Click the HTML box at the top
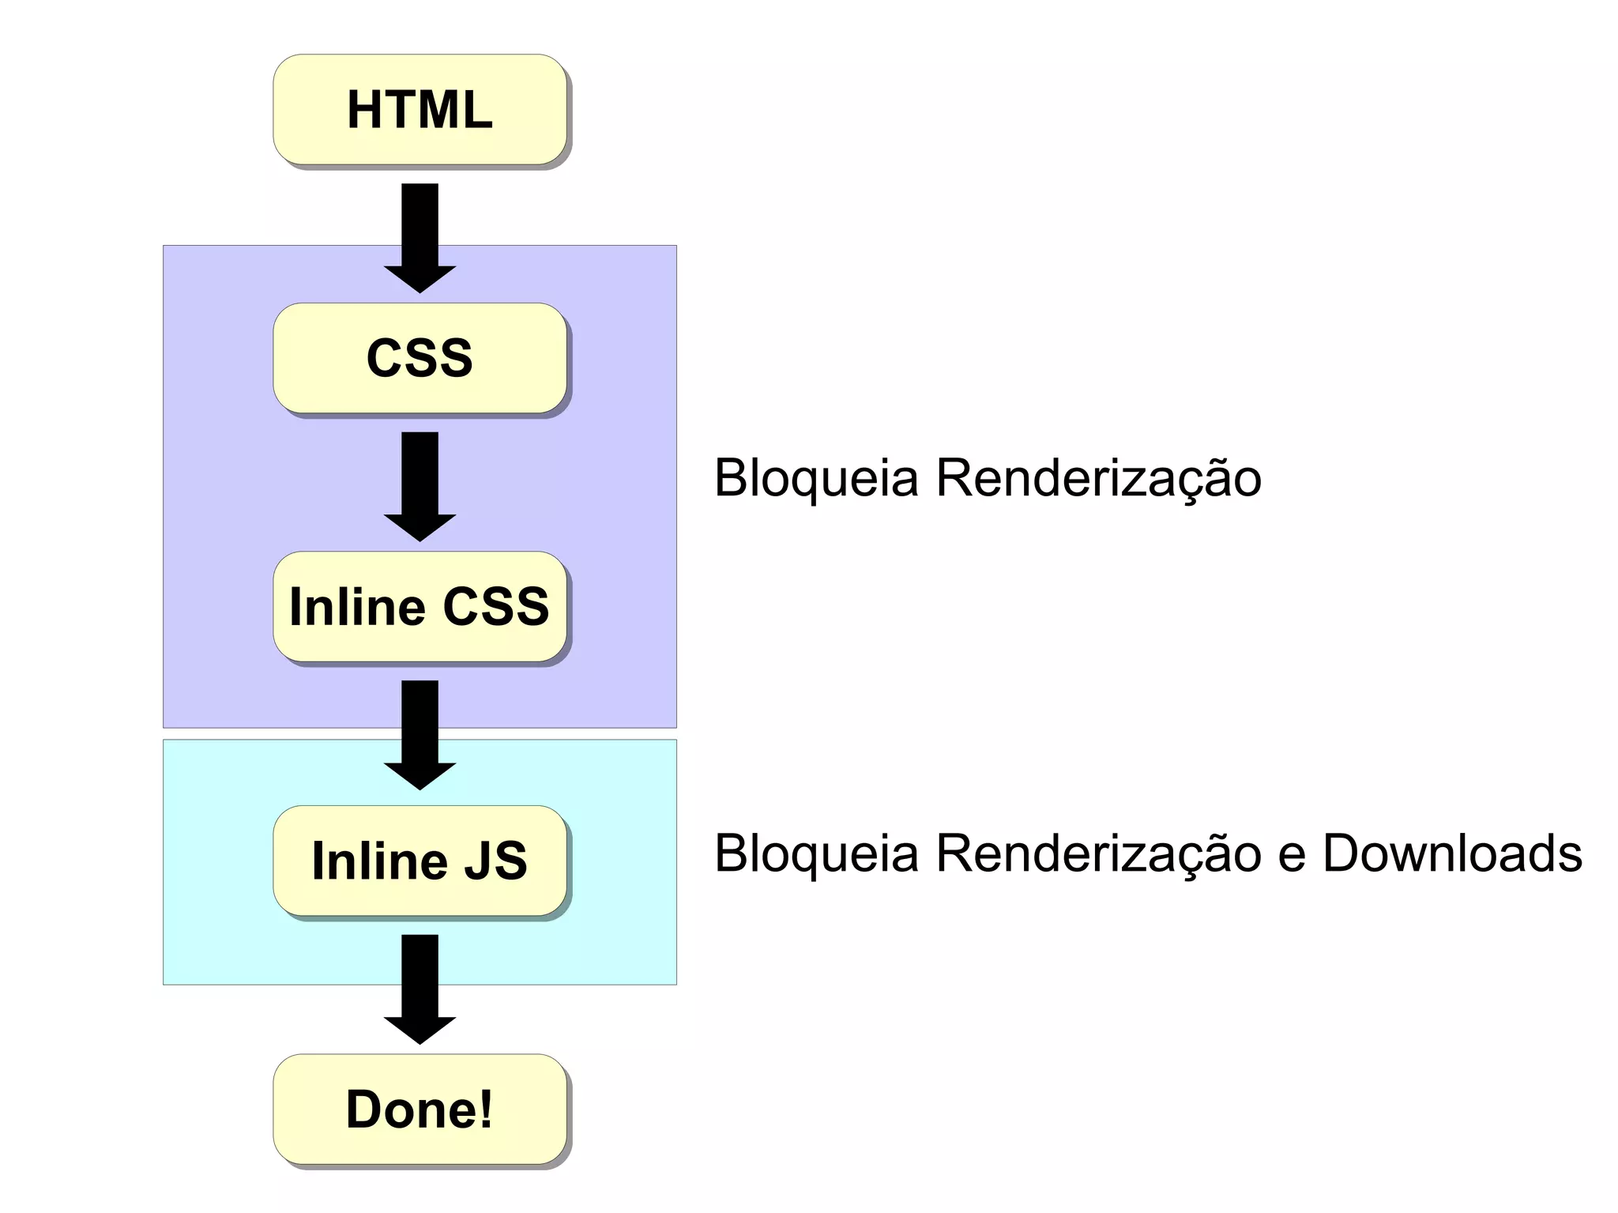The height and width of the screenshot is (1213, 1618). click(x=420, y=109)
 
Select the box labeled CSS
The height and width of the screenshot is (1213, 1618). click(x=420, y=357)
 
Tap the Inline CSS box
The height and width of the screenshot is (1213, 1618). click(x=420, y=606)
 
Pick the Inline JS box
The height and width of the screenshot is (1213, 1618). click(x=420, y=860)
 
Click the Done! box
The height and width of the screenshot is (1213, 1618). click(x=420, y=1109)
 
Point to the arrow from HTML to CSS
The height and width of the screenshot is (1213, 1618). click(x=420, y=237)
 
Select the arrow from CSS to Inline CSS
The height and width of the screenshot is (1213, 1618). click(x=420, y=485)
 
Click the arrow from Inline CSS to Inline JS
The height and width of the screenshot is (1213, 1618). click(x=420, y=733)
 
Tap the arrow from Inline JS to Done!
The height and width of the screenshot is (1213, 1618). click(x=420, y=988)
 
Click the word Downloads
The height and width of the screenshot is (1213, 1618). click(x=1452, y=853)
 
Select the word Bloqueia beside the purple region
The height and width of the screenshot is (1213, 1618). click(x=816, y=478)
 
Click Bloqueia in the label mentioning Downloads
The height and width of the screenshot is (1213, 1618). click(x=816, y=853)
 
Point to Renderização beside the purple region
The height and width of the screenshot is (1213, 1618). click(x=1098, y=478)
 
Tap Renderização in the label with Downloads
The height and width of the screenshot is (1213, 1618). click(x=1098, y=853)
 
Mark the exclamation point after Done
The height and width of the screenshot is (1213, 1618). click(x=485, y=1109)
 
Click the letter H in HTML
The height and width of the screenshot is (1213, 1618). click(x=364, y=109)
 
